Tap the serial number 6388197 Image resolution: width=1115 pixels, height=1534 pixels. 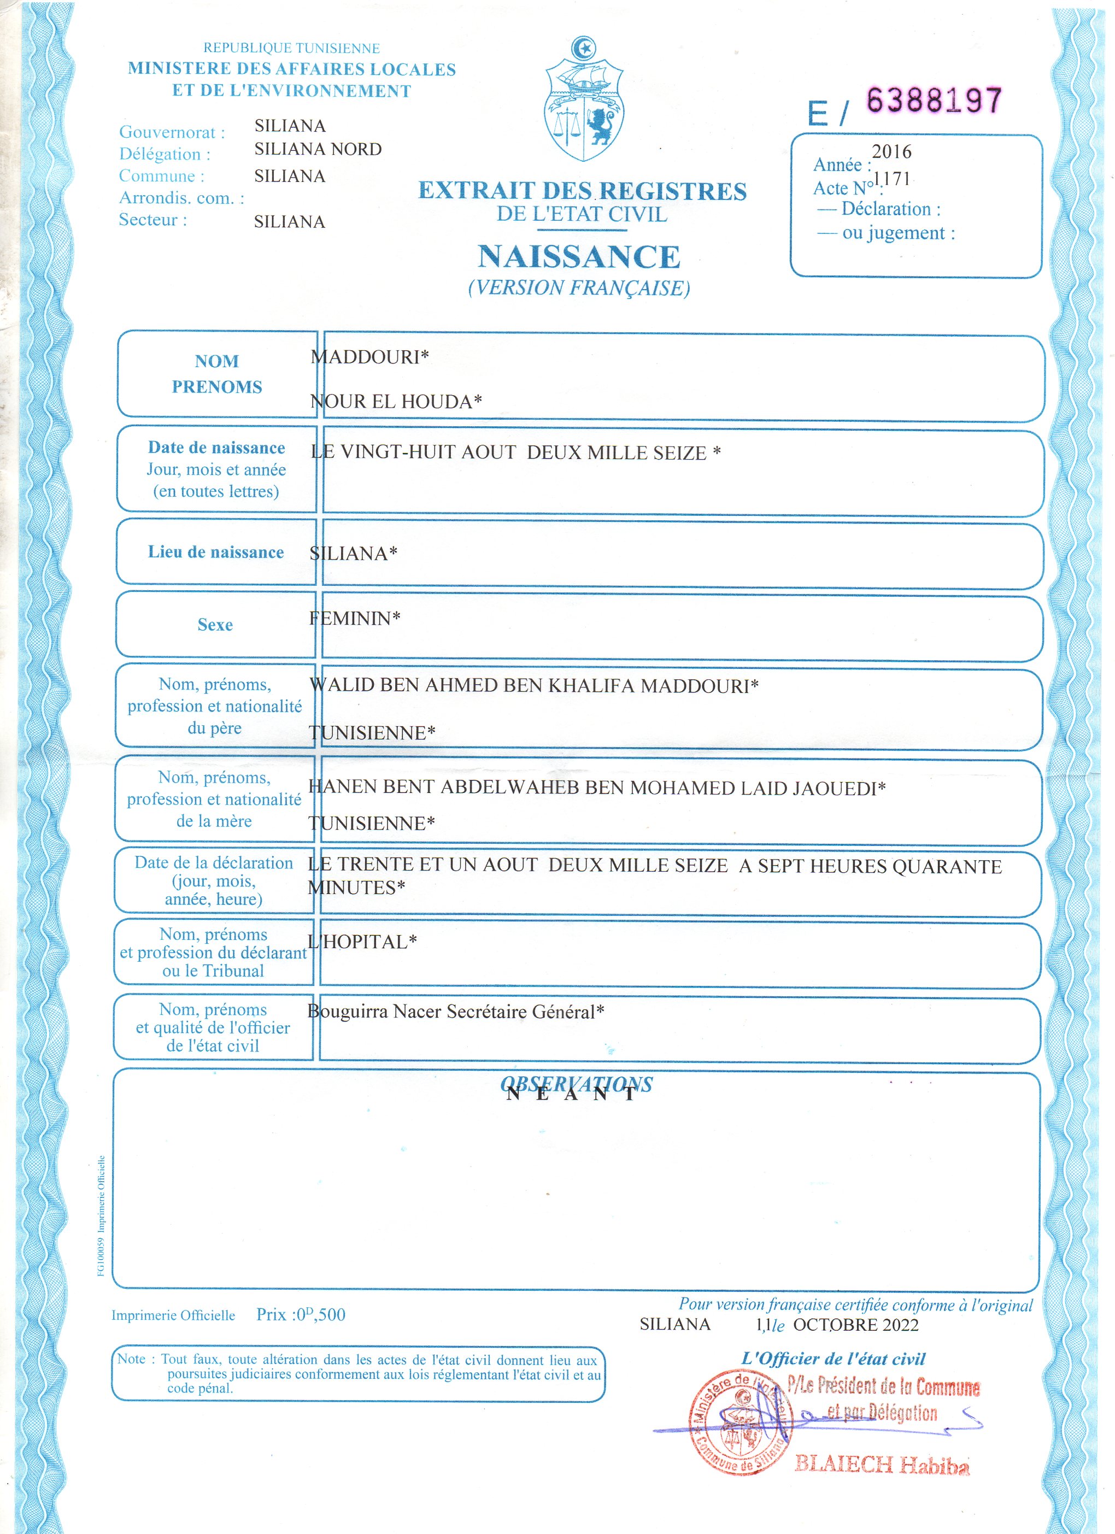click(934, 101)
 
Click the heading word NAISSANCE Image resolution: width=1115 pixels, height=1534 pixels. click(579, 257)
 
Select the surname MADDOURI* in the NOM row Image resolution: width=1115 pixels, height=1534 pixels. click(369, 357)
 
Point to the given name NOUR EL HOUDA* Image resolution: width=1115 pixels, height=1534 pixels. click(396, 402)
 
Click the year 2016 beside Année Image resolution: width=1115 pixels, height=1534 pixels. click(891, 151)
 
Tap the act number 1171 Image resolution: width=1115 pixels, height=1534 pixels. click(892, 179)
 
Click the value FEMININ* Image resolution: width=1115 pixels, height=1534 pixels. click(355, 618)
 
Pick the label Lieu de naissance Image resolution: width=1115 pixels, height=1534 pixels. click(216, 552)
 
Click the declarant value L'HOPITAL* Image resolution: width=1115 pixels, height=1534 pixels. click(362, 942)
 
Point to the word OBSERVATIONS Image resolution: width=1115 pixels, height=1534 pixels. click(577, 1084)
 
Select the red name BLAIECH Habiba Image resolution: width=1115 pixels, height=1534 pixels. click(882, 1465)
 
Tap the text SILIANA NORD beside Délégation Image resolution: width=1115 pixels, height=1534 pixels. click(318, 149)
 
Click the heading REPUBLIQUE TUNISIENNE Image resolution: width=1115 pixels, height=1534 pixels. click(292, 48)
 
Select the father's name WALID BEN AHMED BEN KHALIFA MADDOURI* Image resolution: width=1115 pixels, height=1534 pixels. click(534, 686)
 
